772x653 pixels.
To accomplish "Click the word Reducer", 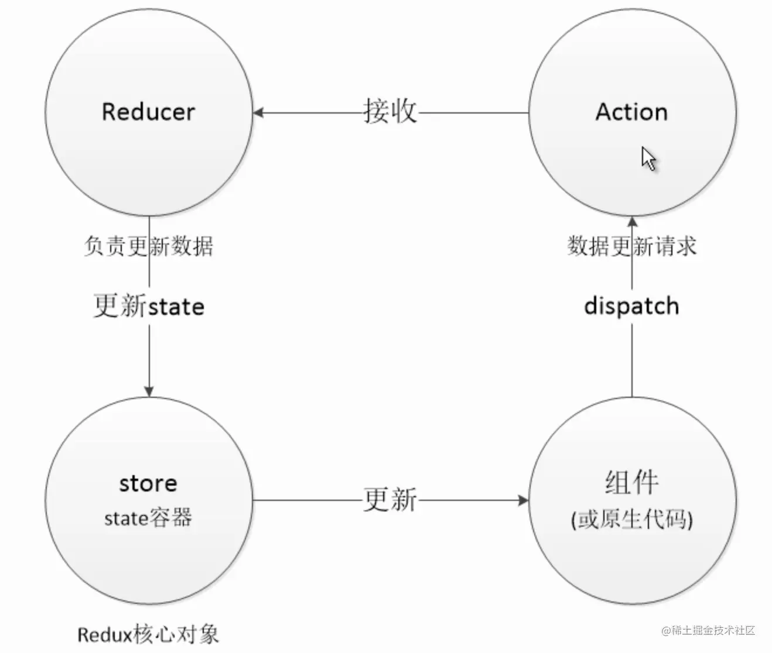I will click(x=148, y=112).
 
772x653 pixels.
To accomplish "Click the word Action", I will click(x=631, y=112).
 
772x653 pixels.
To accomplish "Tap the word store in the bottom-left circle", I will click(x=148, y=483).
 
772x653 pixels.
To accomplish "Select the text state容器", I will click(x=148, y=518).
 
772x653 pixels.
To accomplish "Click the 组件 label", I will click(x=631, y=483).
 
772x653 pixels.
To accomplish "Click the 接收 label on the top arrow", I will click(x=390, y=111).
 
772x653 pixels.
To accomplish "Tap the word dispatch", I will click(x=631, y=306).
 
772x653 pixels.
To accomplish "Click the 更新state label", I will click(x=149, y=306).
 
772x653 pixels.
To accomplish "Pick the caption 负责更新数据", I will click(x=148, y=246).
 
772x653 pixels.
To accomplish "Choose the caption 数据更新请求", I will click(x=632, y=246).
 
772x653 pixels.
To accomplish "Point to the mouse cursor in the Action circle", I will click(x=648, y=159).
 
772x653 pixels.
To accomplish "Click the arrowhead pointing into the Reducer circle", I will click(x=258, y=112).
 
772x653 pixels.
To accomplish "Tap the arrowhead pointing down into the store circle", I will click(x=149, y=391).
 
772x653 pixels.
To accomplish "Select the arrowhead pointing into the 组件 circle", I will click(x=523, y=500).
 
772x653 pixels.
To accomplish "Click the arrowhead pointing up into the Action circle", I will click(x=632, y=222).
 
